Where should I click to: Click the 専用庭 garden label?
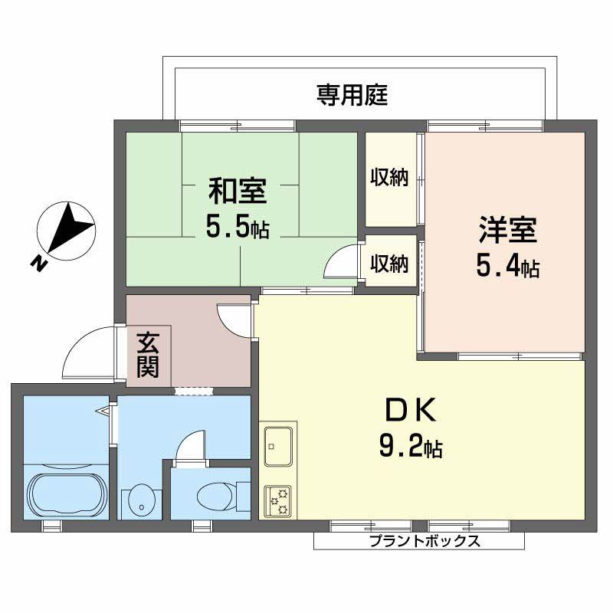click(352, 96)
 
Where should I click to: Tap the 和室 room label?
click(238, 189)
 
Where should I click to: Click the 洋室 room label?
click(508, 228)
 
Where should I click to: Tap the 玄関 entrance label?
click(148, 355)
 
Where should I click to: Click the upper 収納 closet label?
click(389, 178)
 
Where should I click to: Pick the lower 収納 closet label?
click(389, 264)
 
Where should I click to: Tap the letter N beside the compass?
click(37, 264)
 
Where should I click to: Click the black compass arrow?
click(70, 225)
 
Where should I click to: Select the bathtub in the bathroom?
click(67, 494)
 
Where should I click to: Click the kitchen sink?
click(277, 444)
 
